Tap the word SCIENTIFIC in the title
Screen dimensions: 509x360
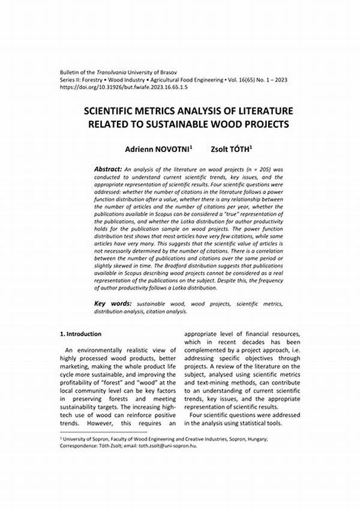tap(112, 112)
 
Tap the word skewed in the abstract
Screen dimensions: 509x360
tap(121, 272)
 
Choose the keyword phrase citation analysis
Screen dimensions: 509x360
tap(167, 312)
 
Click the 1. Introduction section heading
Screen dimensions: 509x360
tap(81, 334)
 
